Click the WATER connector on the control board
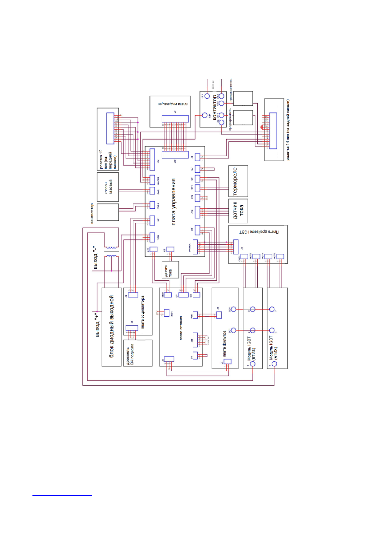pos(152,180)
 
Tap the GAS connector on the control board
pos(152,191)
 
